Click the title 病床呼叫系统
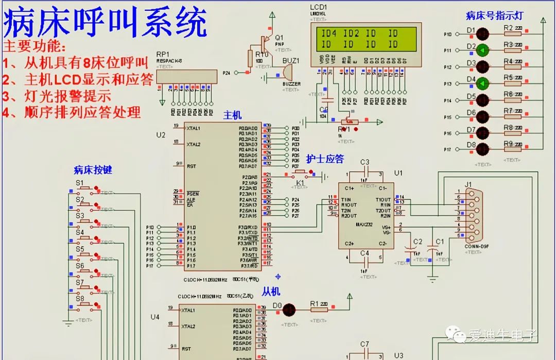(106, 23)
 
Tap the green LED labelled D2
(482, 50)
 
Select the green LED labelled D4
(482, 83)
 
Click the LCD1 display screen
(366, 39)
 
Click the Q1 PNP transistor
(266, 41)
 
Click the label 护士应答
(325, 159)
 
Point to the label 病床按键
(93, 170)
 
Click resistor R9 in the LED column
(512, 149)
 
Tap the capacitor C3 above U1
(364, 173)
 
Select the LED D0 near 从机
(289, 310)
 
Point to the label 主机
(232, 115)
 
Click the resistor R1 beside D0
(319, 310)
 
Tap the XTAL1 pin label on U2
(194, 128)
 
